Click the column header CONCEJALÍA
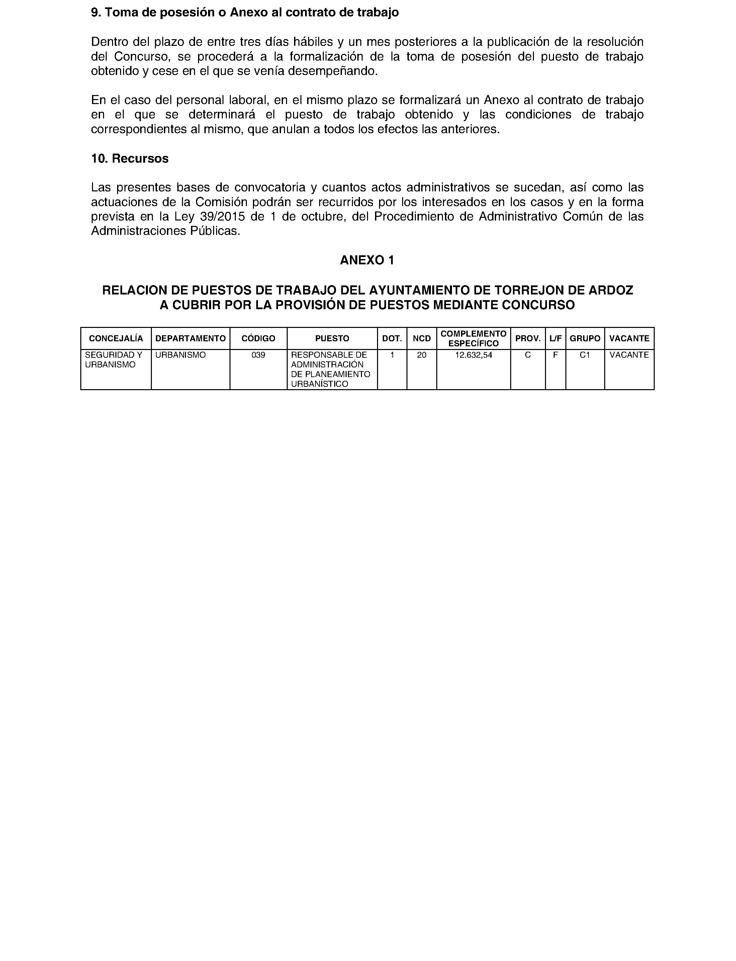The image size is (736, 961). click(x=116, y=338)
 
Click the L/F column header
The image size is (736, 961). click(x=555, y=338)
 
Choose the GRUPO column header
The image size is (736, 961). click(x=584, y=338)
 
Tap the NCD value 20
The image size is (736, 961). click(x=422, y=355)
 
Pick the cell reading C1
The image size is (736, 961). click(x=584, y=355)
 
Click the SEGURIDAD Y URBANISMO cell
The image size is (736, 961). click(x=113, y=360)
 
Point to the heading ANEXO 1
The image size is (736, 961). click(x=367, y=260)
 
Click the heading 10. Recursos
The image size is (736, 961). click(x=130, y=159)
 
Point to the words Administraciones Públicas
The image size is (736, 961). click(x=165, y=231)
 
